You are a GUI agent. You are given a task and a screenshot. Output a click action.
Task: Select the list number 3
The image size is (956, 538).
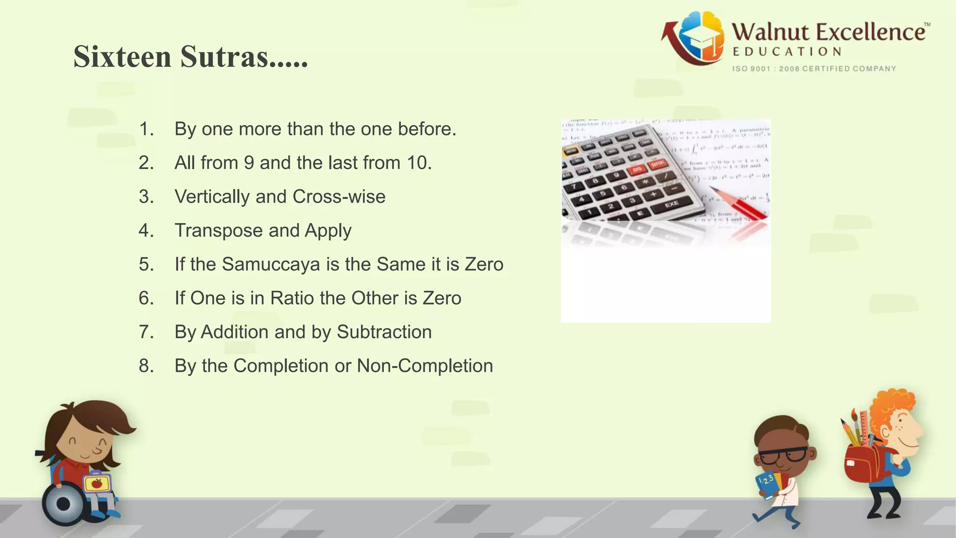[x=146, y=197]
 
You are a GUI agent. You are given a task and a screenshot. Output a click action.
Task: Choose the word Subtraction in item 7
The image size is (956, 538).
[x=384, y=332]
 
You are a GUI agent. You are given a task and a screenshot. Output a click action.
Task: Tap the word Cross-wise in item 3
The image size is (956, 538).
[x=339, y=197]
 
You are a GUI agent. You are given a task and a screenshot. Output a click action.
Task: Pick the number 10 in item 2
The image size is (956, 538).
[x=419, y=163]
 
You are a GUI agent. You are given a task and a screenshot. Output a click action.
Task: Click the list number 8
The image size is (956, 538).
[x=146, y=366]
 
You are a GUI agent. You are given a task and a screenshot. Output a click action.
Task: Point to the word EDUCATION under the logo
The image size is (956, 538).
[x=787, y=52]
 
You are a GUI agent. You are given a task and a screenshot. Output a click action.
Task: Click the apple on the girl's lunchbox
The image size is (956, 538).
[x=97, y=483]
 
